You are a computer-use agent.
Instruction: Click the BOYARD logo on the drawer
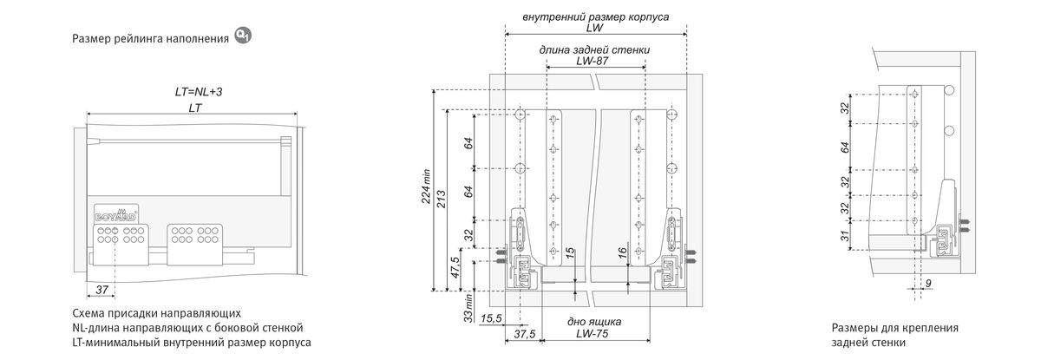114,212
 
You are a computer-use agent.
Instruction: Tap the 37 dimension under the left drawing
102,288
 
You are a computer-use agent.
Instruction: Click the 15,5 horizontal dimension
491,318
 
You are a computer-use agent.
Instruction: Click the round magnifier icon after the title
244,36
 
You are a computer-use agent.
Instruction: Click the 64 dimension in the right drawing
845,147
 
